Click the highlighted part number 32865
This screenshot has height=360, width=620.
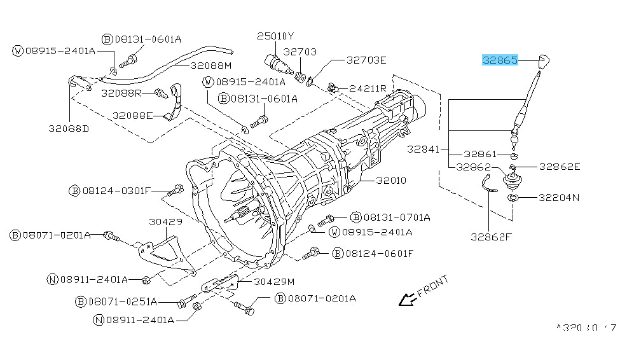[500, 60]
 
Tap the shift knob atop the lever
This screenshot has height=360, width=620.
[543, 62]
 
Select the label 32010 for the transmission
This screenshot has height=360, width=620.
[390, 181]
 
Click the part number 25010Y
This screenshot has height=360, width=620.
[275, 36]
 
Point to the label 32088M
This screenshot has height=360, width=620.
[210, 65]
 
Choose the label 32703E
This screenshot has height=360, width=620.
[366, 60]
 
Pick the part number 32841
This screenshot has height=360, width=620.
[424, 149]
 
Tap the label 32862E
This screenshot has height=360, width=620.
[560, 167]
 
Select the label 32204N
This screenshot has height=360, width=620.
[560, 197]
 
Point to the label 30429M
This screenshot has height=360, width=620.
[275, 281]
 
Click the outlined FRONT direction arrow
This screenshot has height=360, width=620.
[404, 298]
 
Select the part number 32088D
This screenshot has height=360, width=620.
[68, 128]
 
